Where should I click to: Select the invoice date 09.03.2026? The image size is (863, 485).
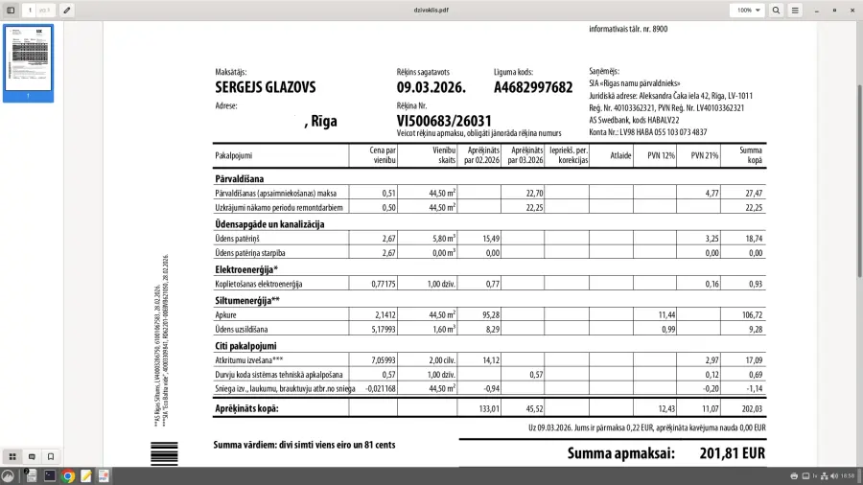coord(431,87)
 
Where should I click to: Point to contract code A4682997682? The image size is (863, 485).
coord(533,87)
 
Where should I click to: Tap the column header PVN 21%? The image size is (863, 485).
coord(704,155)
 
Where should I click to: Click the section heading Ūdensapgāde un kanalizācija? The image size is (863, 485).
coord(269,223)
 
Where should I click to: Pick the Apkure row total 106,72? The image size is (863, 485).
coord(750,313)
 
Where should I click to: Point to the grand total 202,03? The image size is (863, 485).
coord(749,409)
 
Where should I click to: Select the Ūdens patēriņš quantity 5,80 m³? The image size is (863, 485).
coord(439,238)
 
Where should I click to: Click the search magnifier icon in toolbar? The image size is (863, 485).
coord(777,10)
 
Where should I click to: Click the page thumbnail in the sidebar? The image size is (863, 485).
coord(29,62)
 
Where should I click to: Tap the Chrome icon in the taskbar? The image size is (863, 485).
coord(69,475)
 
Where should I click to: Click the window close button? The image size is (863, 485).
coord(851,10)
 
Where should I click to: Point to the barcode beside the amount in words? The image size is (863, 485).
coord(157,452)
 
